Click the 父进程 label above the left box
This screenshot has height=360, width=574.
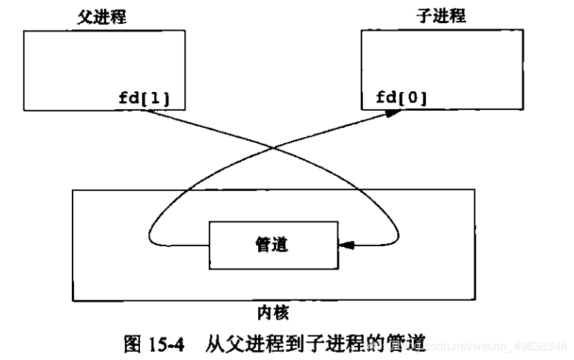point(101,17)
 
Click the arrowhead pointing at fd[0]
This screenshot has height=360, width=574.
point(391,113)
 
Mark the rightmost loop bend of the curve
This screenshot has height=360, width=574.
point(400,228)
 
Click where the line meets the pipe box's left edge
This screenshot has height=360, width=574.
point(210,244)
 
